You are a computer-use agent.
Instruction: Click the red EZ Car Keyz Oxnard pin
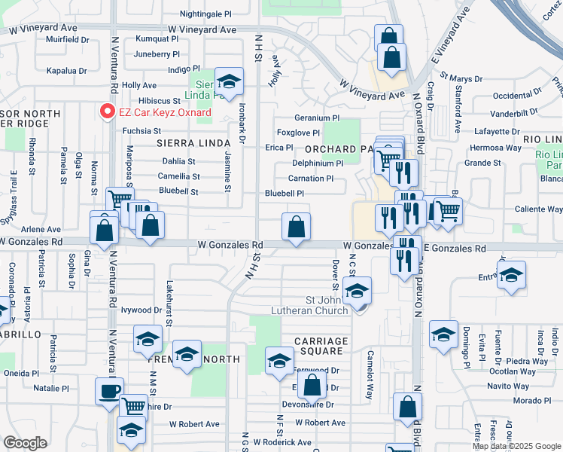pyautogui.click(x=106, y=112)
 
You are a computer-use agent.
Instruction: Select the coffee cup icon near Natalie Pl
pyautogui.click(x=110, y=391)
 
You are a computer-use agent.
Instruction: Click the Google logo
pyautogui.click(x=25, y=443)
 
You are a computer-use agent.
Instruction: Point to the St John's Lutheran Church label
pyautogui.click(x=315, y=305)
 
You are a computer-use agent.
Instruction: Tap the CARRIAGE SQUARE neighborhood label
pyautogui.click(x=321, y=347)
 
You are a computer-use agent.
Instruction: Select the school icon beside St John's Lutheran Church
pyautogui.click(x=357, y=290)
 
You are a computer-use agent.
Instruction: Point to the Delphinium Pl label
pyautogui.click(x=318, y=163)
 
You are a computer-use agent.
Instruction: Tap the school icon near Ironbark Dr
pyautogui.click(x=228, y=81)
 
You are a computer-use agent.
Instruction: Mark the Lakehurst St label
pyautogui.click(x=169, y=310)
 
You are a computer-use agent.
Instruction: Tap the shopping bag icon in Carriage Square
pyautogui.click(x=311, y=386)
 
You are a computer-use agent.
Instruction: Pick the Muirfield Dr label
pyautogui.click(x=68, y=39)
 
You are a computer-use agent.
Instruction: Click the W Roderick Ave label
pyautogui.click(x=282, y=442)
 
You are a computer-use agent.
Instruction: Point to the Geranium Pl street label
pyautogui.click(x=317, y=118)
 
